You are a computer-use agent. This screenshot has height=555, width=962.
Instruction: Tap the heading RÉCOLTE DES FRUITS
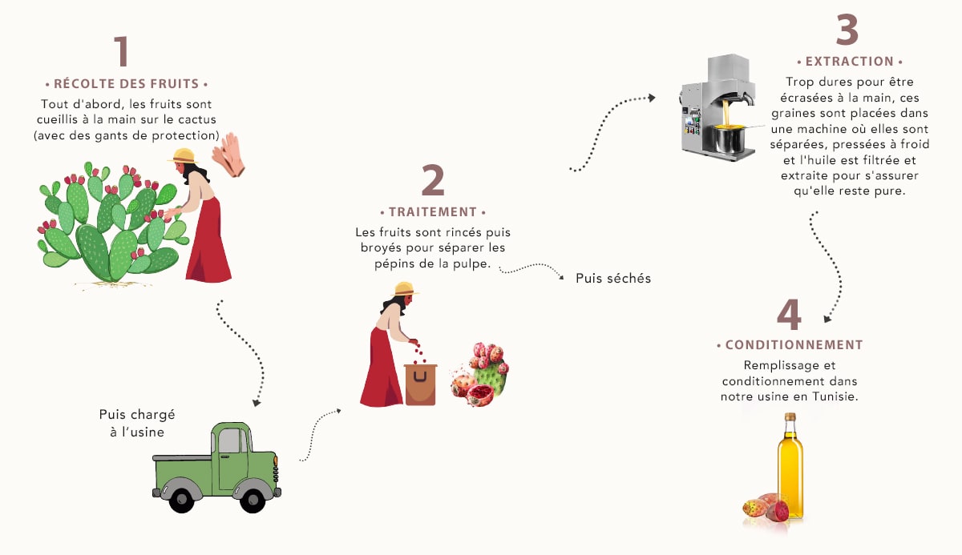pyautogui.click(x=127, y=83)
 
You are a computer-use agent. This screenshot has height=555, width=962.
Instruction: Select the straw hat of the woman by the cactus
pyautogui.click(x=183, y=155)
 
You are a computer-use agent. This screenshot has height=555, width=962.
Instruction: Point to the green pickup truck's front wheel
pyautogui.click(x=253, y=498)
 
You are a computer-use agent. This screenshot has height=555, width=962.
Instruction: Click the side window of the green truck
pyautogui.click(x=231, y=441)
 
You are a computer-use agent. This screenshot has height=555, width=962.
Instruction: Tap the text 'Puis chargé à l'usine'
pyautogui.click(x=137, y=423)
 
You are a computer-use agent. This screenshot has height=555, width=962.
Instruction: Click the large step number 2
pyautogui.click(x=433, y=181)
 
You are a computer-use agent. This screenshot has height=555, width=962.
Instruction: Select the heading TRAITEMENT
pyautogui.click(x=433, y=212)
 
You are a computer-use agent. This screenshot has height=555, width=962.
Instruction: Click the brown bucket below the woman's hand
pyautogui.click(x=421, y=384)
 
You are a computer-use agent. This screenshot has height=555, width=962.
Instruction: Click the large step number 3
pyautogui.click(x=847, y=30)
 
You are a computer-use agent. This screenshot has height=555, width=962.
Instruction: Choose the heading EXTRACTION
pyautogui.click(x=850, y=62)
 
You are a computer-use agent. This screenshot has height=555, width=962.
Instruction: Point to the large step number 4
pyautogui.click(x=789, y=315)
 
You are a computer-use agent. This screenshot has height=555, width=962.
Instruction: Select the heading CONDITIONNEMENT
pyautogui.click(x=794, y=345)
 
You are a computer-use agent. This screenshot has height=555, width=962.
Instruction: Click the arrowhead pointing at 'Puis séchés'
pyautogui.click(x=560, y=278)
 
